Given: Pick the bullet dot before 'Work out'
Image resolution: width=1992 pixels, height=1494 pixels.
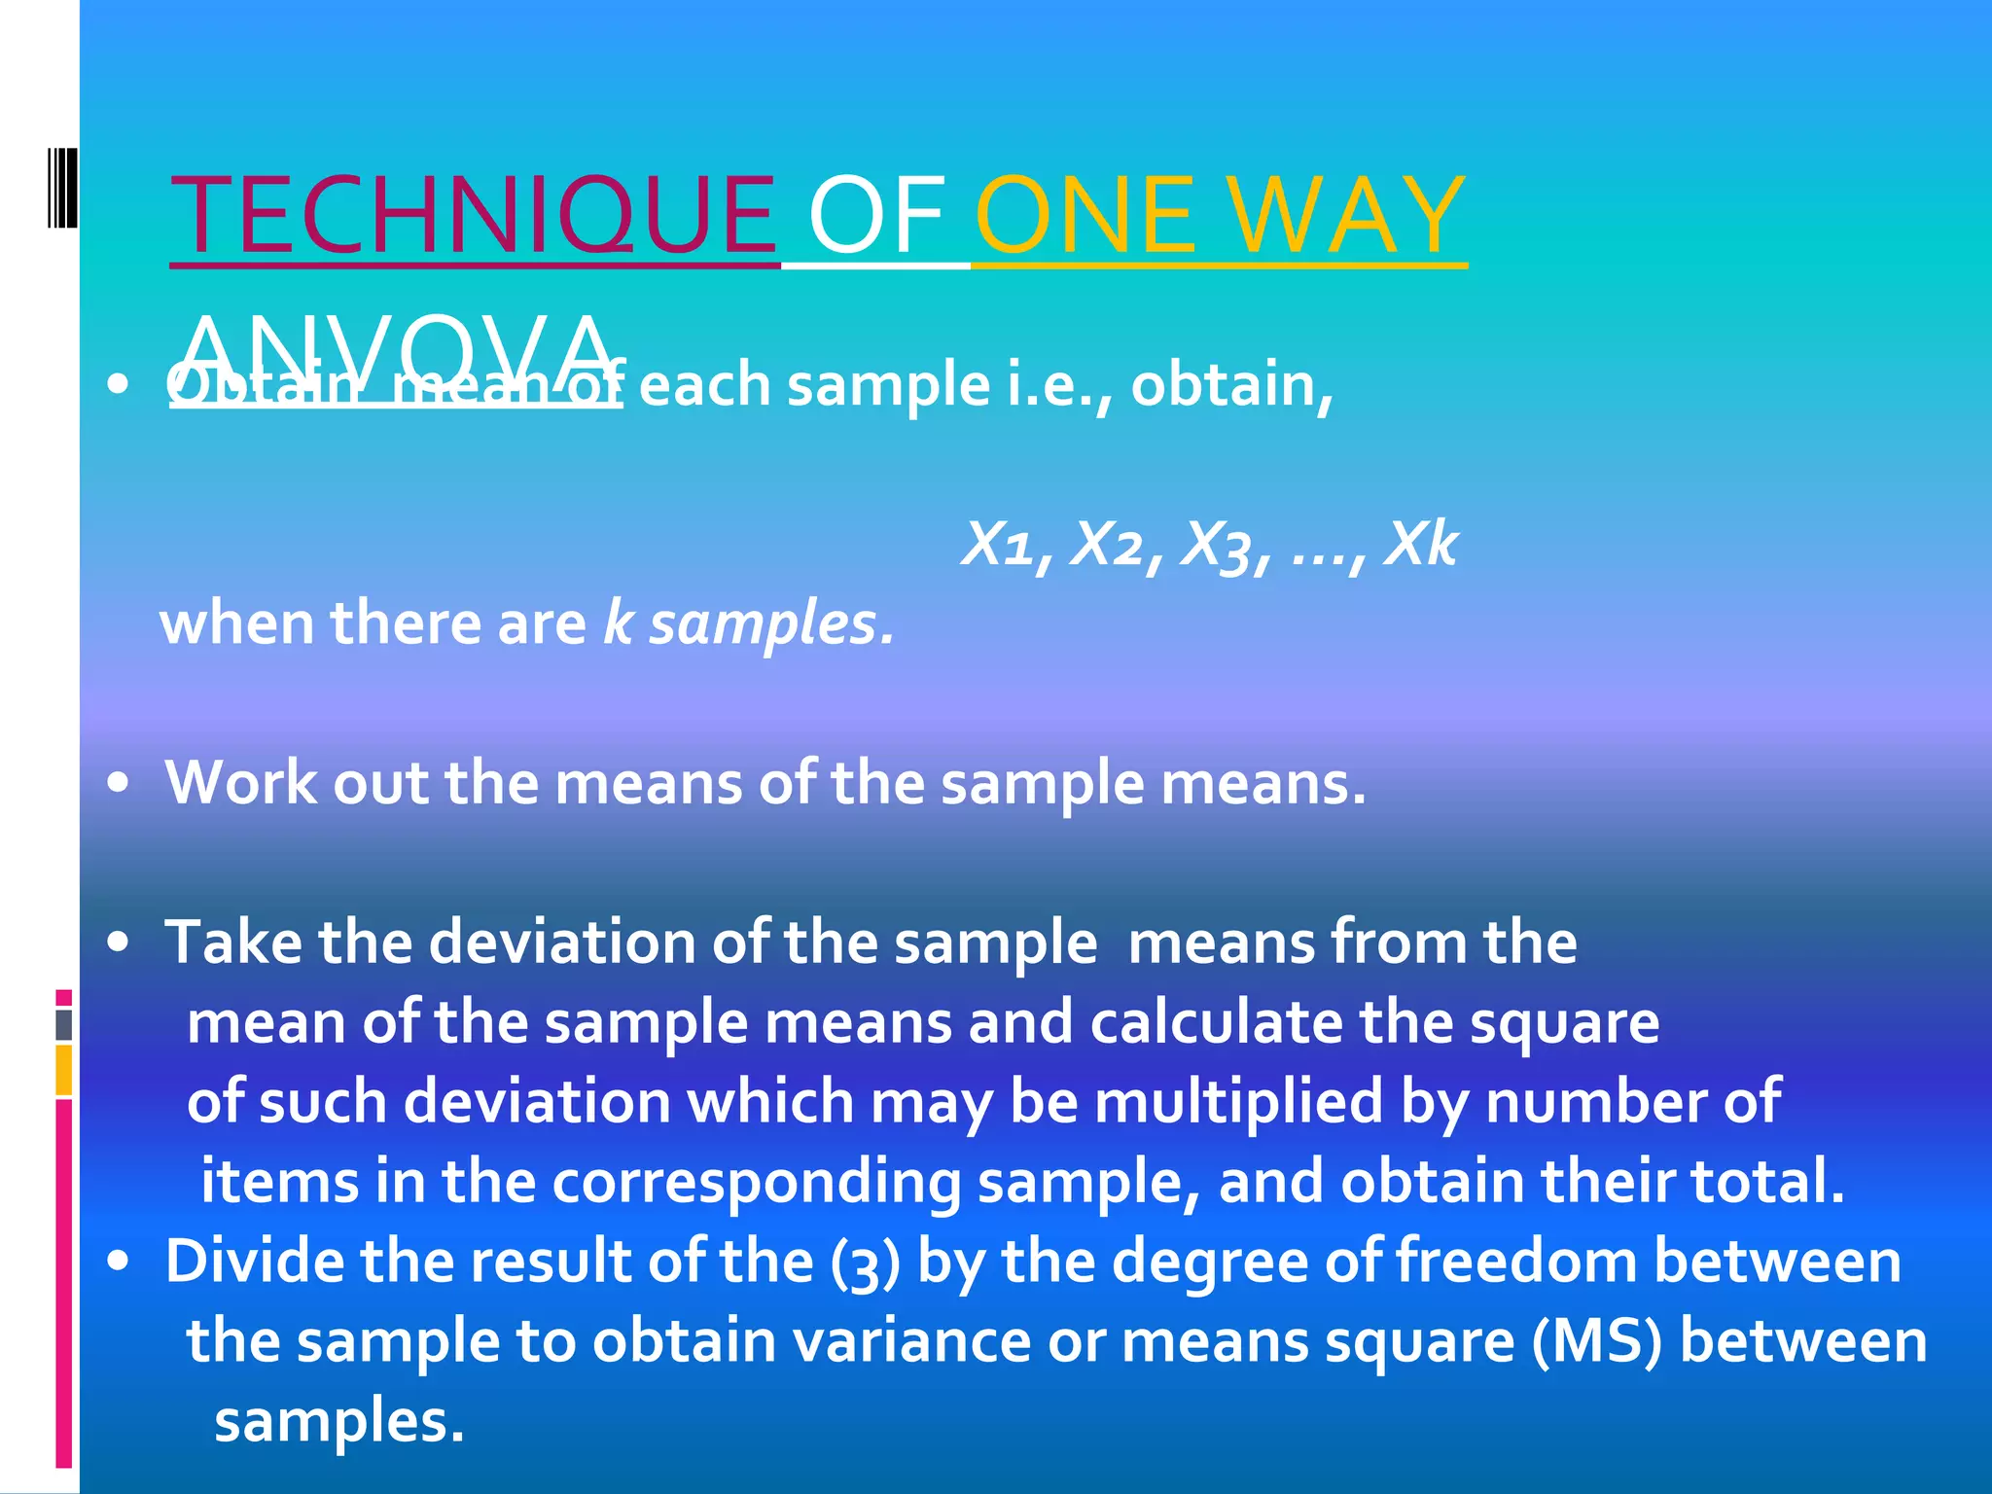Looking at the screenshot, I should click(119, 783).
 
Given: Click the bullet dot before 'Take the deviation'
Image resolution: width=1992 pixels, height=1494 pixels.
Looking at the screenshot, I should click(119, 943).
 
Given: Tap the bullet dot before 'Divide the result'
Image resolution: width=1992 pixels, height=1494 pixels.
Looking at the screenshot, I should click(119, 1262).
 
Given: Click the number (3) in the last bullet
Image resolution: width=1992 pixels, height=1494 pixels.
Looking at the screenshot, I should click(865, 1263).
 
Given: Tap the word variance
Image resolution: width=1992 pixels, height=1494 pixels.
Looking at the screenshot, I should click(910, 1341).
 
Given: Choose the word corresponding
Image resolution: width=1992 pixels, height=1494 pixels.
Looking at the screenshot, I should click(756, 1183).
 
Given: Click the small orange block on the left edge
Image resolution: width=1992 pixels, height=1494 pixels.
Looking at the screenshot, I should click(64, 1070).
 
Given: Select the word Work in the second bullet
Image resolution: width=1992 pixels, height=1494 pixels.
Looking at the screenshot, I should click(240, 783).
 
